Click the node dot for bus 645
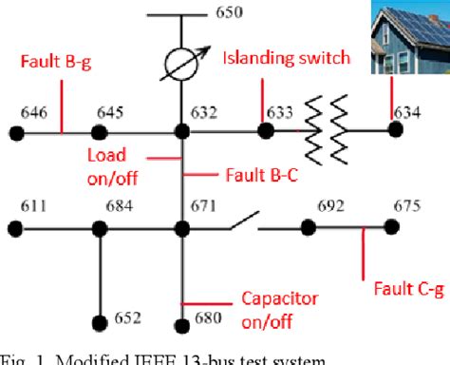click(x=99, y=133)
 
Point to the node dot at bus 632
click(x=181, y=133)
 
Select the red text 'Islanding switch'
click(x=286, y=59)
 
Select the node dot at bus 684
click(x=99, y=228)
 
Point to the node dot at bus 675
click(x=389, y=228)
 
